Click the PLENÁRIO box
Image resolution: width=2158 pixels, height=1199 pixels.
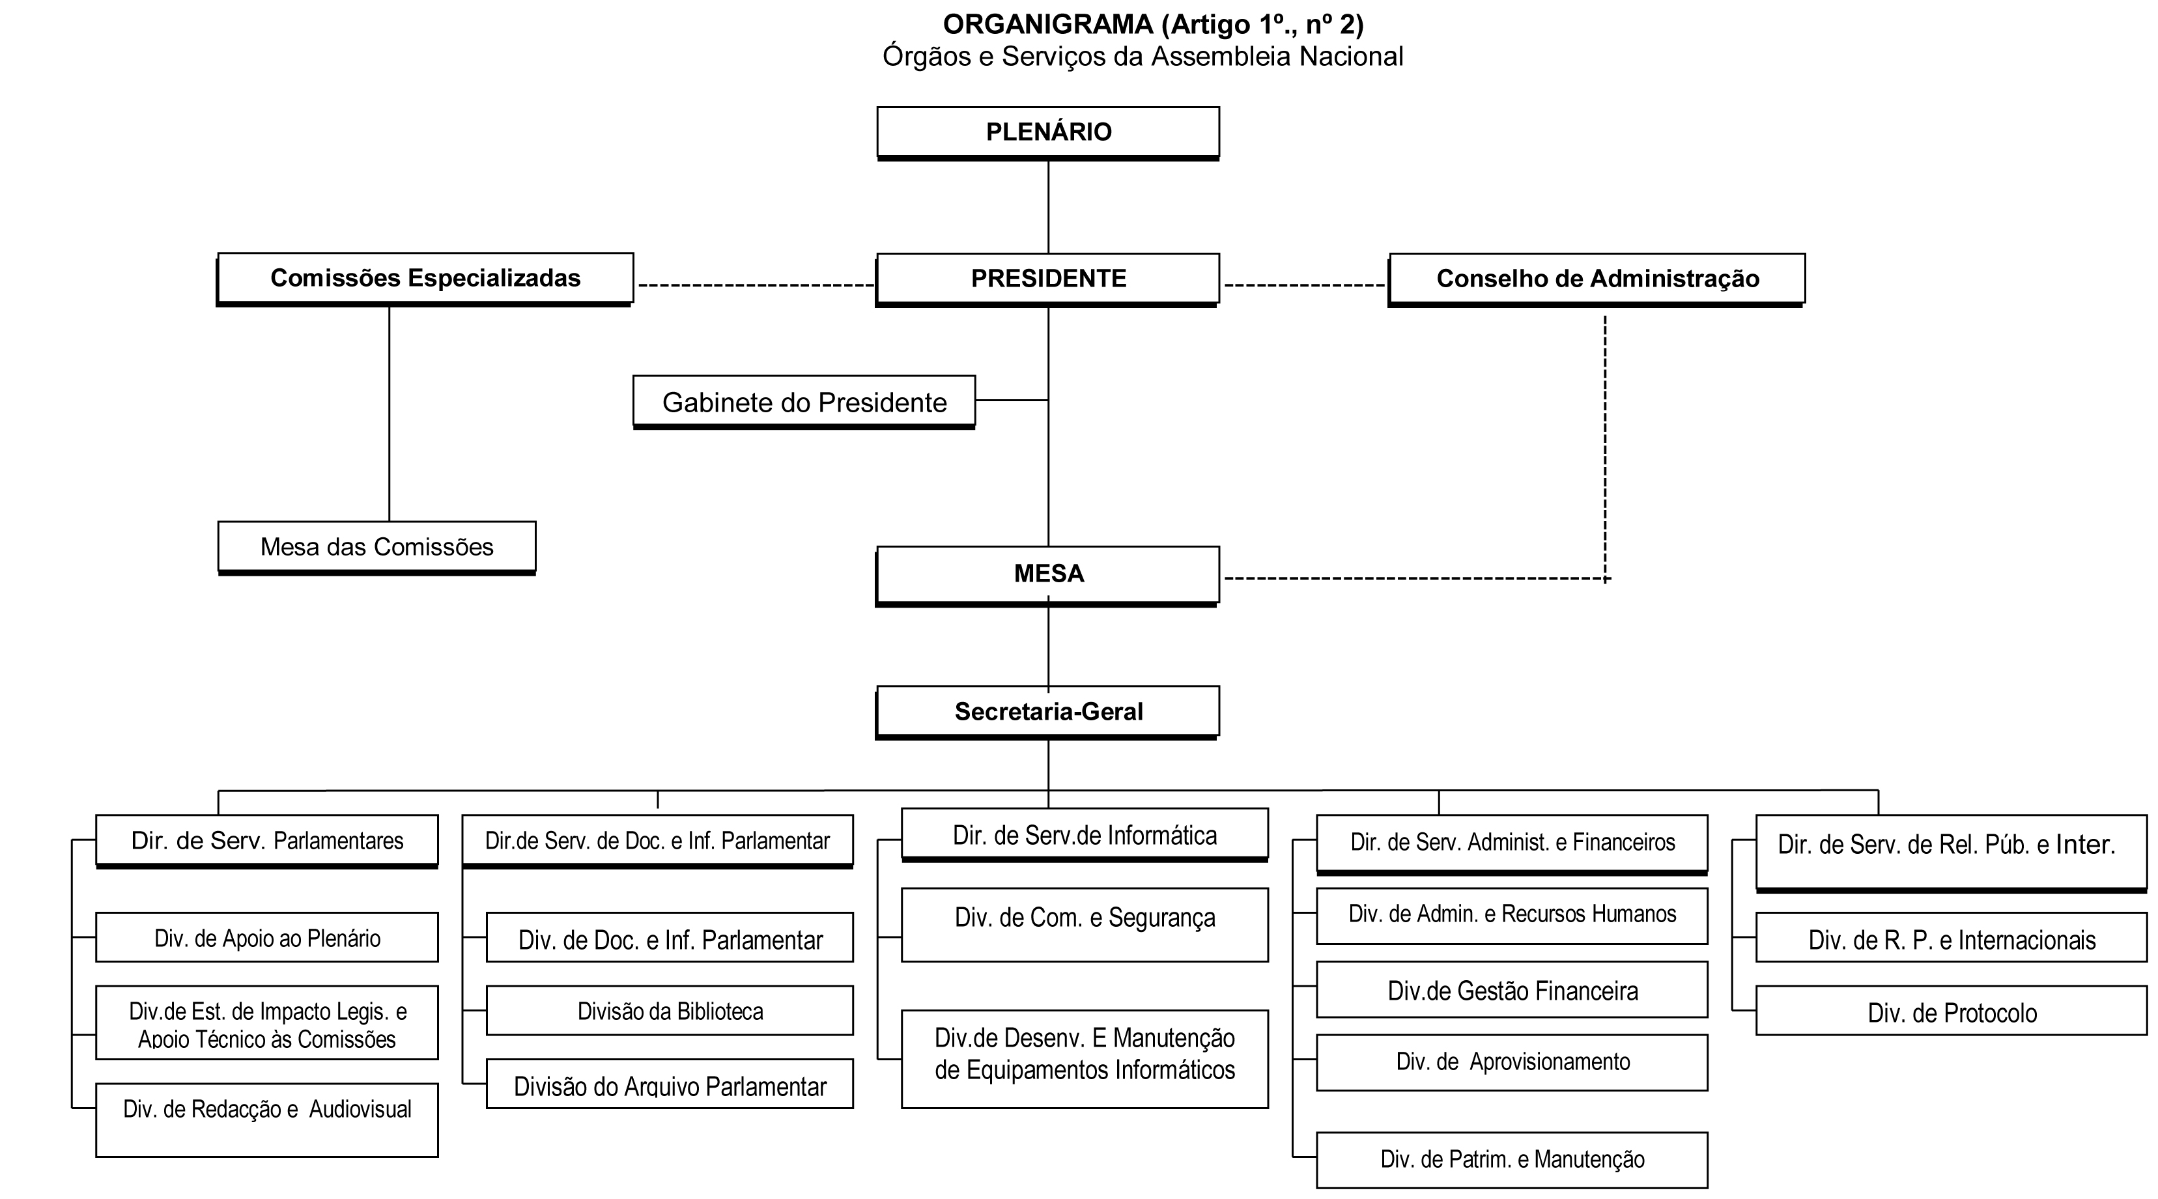tap(1048, 132)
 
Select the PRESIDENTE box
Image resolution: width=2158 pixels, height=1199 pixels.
tap(1048, 279)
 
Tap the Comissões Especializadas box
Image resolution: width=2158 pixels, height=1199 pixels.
tap(425, 279)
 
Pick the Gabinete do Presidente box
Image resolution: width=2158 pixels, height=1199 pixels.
tap(804, 402)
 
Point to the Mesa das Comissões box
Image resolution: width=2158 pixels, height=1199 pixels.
tap(377, 548)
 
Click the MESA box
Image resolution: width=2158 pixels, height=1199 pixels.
tap(1048, 576)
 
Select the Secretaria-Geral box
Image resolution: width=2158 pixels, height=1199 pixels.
tap(1048, 712)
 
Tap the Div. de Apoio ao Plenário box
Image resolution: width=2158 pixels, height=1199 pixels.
tap(267, 938)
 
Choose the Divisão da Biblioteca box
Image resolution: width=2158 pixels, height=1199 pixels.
tap(670, 1011)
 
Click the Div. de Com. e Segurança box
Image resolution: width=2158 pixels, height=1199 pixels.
tap(1085, 925)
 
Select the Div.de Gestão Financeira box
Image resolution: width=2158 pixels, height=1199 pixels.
tap(1512, 989)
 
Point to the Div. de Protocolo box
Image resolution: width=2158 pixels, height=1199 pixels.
tap(1952, 1011)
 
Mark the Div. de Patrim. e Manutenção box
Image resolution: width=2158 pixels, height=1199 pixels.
tap(1512, 1161)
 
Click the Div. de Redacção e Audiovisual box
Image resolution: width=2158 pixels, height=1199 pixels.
tap(267, 1120)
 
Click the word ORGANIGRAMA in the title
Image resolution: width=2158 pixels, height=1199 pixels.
tap(1048, 24)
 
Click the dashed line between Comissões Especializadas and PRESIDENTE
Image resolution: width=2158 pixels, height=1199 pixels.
tap(756, 286)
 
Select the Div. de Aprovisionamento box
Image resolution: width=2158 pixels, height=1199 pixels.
tap(1512, 1062)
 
